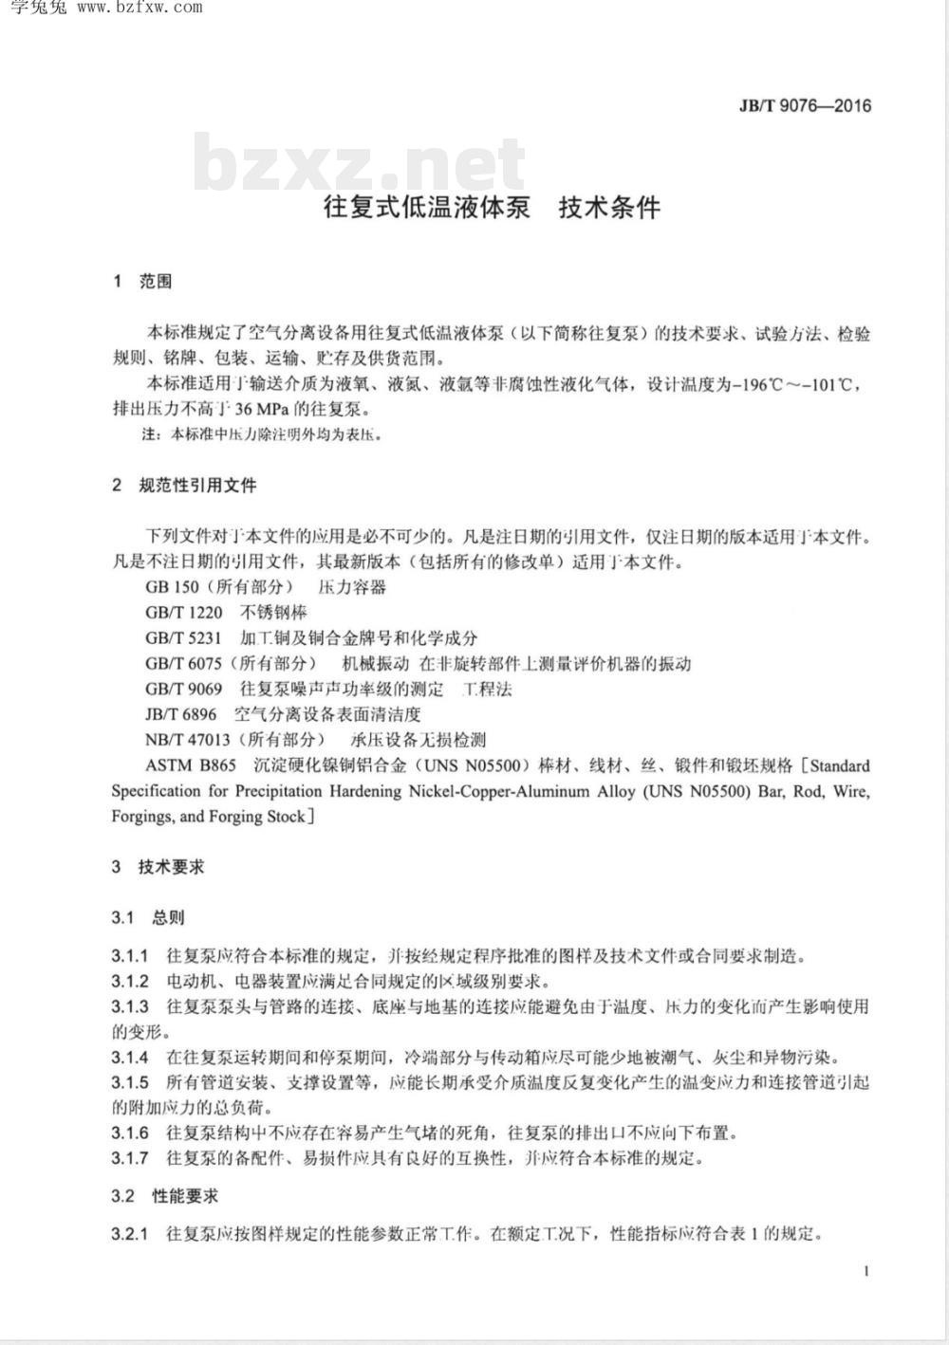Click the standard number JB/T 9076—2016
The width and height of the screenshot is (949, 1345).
pyautogui.click(x=805, y=105)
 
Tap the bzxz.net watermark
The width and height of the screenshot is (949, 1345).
pyautogui.click(x=359, y=163)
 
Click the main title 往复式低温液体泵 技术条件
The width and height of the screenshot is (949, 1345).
pyautogui.click(x=492, y=208)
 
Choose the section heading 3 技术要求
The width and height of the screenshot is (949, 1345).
pyautogui.click(x=158, y=866)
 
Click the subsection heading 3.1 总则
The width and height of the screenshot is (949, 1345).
pyautogui.click(x=148, y=917)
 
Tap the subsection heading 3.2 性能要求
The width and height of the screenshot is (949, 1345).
pyautogui.click(x=164, y=1196)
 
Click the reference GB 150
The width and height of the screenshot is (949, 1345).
pyautogui.click(x=172, y=587)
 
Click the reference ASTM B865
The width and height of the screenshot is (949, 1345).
pyautogui.click(x=191, y=765)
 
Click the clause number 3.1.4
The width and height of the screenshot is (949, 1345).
pyautogui.click(x=130, y=1057)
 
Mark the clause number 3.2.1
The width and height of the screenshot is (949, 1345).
pyautogui.click(x=130, y=1234)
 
